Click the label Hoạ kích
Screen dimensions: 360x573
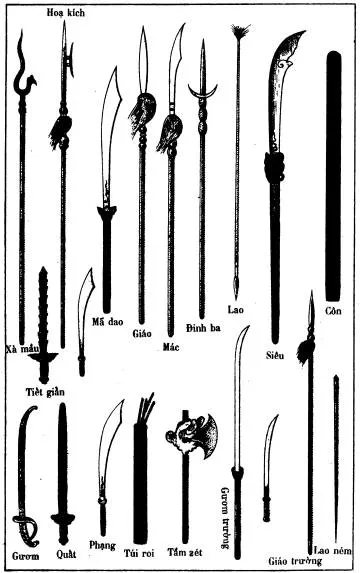tap(65, 13)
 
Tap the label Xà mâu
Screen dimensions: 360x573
tap(22, 348)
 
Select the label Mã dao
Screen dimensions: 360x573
tap(108, 322)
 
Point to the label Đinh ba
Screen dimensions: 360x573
tap(203, 328)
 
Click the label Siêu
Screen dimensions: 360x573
tap(275, 355)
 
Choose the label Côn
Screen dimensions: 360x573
tap(333, 311)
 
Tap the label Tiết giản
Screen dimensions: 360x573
tap(45, 392)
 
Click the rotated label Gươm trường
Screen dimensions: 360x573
tap(225, 518)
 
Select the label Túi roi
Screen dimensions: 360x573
tap(139, 553)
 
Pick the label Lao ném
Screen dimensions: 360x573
tap(333, 550)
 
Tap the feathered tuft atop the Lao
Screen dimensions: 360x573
tap(240, 32)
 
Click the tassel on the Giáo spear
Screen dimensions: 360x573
tap(142, 111)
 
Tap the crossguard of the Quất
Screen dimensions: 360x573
tap(62, 518)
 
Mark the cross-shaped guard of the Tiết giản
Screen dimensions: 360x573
tap(43, 356)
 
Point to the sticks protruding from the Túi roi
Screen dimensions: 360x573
tap(147, 408)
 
